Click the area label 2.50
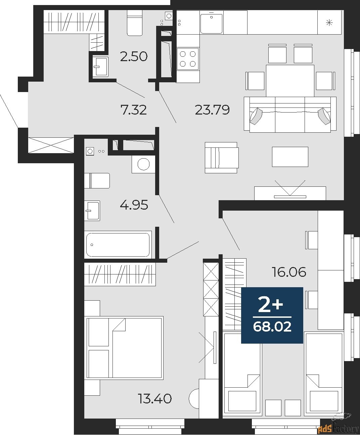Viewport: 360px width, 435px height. (x=134, y=56)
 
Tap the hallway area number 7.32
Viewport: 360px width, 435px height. (x=134, y=110)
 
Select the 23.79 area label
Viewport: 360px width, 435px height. (x=212, y=110)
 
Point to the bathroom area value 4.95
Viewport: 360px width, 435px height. (x=134, y=205)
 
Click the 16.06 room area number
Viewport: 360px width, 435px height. (x=289, y=272)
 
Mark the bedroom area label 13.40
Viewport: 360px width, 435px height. (x=155, y=399)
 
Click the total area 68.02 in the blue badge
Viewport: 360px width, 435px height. (x=272, y=327)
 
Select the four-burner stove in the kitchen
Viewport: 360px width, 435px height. (x=188, y=59)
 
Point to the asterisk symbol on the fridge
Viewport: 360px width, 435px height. (x=329, y=23)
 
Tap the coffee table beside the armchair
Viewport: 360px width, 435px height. (x=290, y=157)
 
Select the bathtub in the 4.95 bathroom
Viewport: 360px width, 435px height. (x=118, y=245)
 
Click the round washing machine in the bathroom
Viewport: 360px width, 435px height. (x=143, y=164)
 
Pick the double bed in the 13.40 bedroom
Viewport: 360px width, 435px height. (x=124, y=348)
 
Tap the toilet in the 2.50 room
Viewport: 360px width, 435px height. (x=135, y=23)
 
